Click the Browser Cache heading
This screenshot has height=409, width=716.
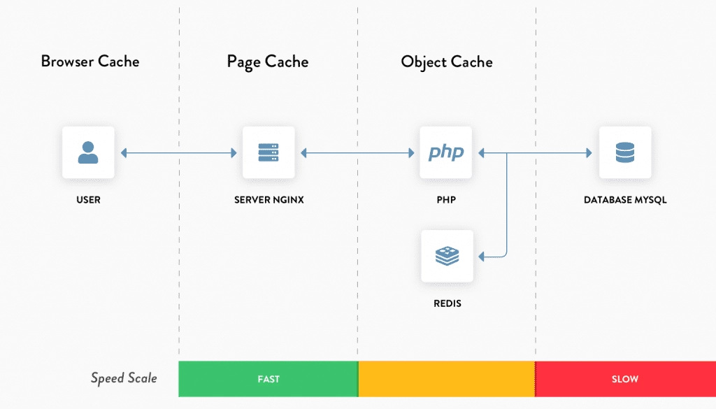90,61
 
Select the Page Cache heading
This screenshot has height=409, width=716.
268,62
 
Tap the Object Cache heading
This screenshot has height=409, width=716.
447,62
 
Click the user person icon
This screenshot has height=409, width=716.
88,152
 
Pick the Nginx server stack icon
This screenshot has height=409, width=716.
268,152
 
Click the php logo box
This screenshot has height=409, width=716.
445,152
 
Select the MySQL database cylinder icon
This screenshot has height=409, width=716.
625,152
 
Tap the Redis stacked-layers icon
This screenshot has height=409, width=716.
447,256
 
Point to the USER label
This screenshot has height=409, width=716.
88,200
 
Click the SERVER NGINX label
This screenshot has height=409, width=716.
269,200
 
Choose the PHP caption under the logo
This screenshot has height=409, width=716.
446,200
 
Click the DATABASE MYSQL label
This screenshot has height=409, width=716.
625,200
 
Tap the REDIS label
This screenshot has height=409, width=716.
447,303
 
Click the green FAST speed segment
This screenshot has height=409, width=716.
268,379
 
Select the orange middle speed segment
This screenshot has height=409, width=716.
447,379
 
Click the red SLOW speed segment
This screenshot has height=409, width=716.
626,379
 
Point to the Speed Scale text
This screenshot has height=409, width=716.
124,378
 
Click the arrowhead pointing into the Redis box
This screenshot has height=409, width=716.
481,257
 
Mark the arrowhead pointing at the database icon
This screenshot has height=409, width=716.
589,153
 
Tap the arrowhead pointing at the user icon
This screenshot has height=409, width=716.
124,153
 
